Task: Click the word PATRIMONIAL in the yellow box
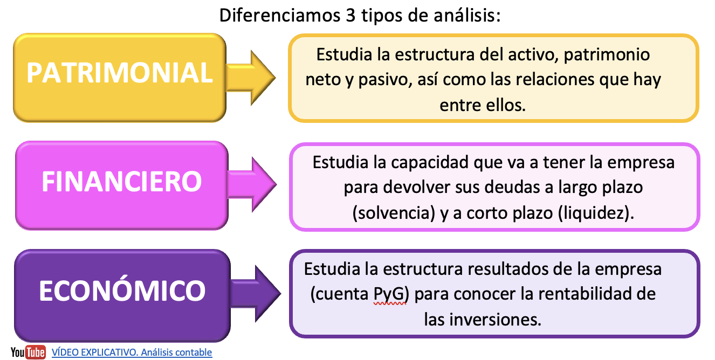[x=120, y=73]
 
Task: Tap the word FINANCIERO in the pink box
[x=122, y=181]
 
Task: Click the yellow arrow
[x=251, y=78]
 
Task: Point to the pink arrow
[x=252, y=184]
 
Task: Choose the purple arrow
[x=256, y=294]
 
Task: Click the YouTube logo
[x=29, y=352]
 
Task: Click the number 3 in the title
[x=350, y=15]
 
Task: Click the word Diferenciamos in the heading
[x=280, y=15]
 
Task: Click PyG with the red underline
[x=389, y=294]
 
